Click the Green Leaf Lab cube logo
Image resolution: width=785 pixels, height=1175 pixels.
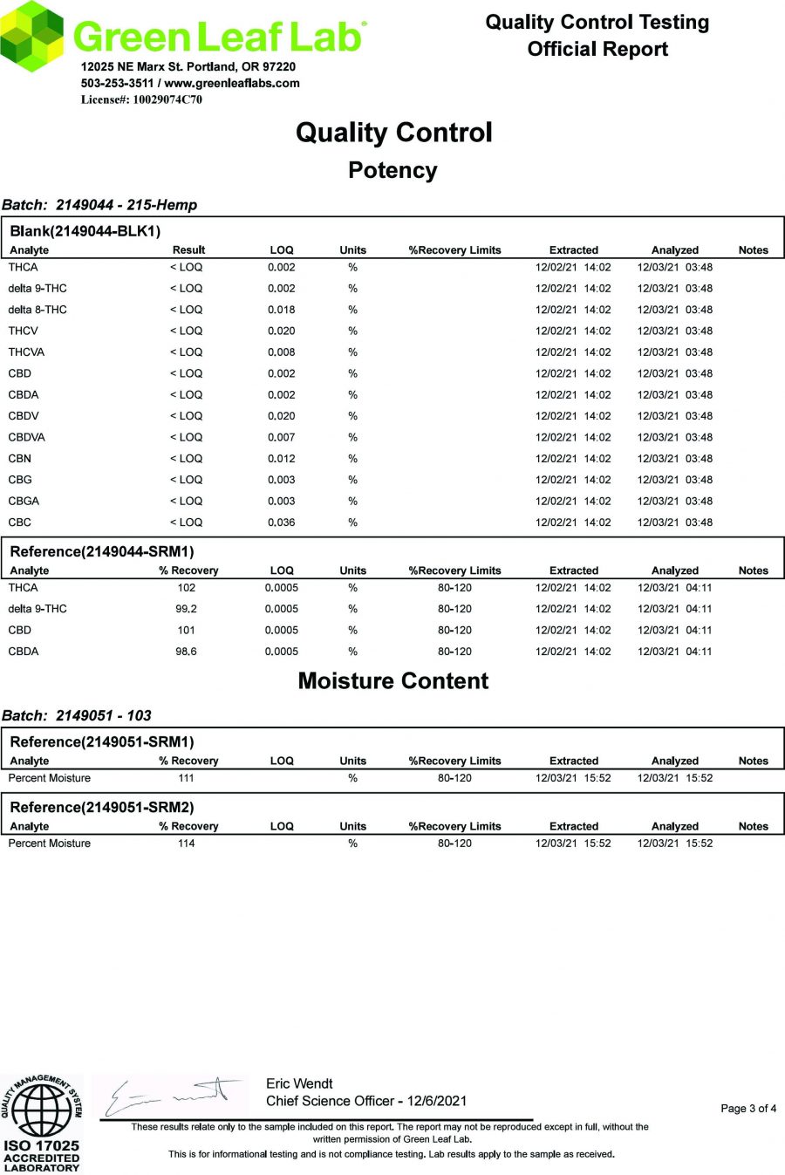33,36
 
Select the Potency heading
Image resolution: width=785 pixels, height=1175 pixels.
392,170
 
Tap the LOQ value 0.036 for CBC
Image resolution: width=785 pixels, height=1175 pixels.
281,523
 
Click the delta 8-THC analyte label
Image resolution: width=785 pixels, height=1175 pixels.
38,310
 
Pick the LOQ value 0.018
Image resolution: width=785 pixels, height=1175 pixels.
281,310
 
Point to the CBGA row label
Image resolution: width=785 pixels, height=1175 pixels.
24,502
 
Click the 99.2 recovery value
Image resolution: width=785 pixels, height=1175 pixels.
186,609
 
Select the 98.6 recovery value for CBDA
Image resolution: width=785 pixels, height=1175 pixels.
186,652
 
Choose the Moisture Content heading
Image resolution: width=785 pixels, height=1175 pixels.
392,681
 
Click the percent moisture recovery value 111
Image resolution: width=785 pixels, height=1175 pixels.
186,778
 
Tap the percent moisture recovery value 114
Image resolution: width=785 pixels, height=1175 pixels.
186,844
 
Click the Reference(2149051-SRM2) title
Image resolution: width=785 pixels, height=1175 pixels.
102,808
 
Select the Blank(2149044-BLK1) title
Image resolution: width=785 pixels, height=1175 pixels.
85,231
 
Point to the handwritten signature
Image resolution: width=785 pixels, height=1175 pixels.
174,1095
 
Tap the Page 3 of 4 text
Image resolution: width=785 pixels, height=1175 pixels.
747,1109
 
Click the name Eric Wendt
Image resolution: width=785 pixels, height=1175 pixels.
299,1083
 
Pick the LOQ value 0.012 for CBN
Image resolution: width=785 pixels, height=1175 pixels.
281,459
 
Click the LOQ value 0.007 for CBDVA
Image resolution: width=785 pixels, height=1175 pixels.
281,437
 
